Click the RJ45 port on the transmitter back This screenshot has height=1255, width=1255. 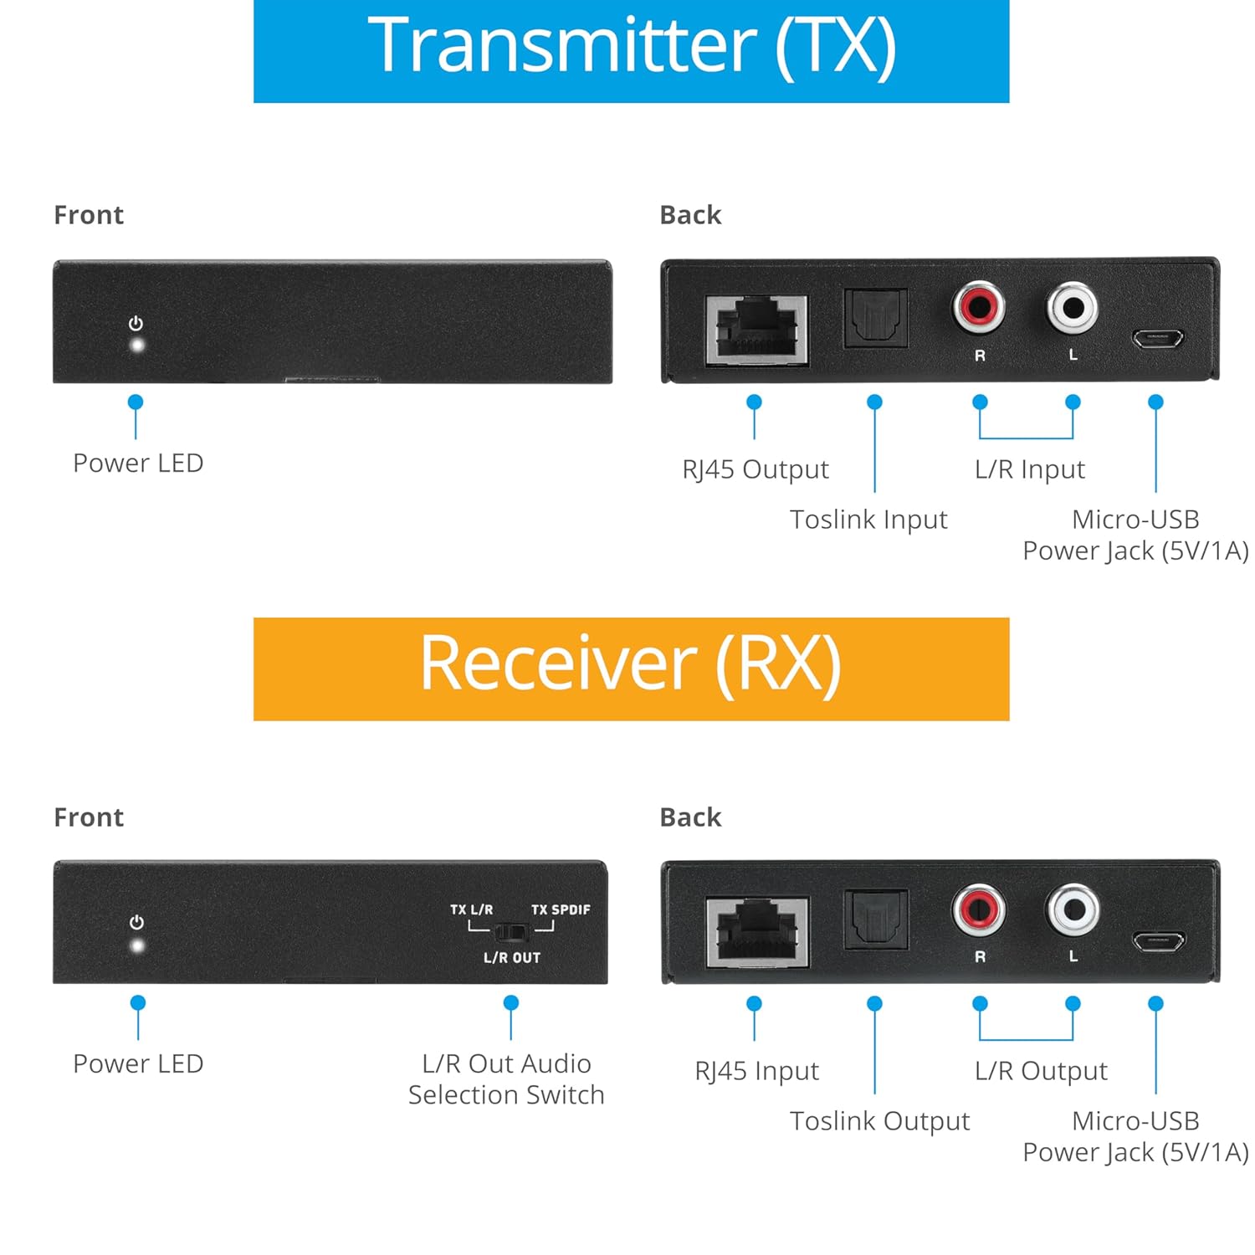[757, 330]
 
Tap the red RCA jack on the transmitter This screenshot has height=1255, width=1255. [979, 307]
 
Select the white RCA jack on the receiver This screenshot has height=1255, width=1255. [1073, 909]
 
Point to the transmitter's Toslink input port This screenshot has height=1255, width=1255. [875, 318]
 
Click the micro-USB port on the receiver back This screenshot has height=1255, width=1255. [1159, 940]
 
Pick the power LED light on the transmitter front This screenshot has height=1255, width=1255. [136, 345]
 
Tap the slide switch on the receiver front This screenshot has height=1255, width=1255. [510, 931]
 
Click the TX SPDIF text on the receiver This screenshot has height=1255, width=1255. [561, 909]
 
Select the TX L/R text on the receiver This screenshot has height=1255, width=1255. [471, 909]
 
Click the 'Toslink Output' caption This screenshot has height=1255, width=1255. [879, 1121]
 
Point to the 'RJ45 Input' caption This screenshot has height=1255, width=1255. [756, 1071]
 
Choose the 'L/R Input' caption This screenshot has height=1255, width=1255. [1030, 469]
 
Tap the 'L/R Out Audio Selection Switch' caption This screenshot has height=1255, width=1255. [506, 1078]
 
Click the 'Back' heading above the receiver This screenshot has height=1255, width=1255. [690, 817]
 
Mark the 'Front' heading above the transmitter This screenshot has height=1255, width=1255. [89, 215]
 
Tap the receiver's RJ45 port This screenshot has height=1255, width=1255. [757, 931]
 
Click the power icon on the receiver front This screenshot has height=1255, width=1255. [136, 922]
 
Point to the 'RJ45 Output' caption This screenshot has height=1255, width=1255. [756, 469]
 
